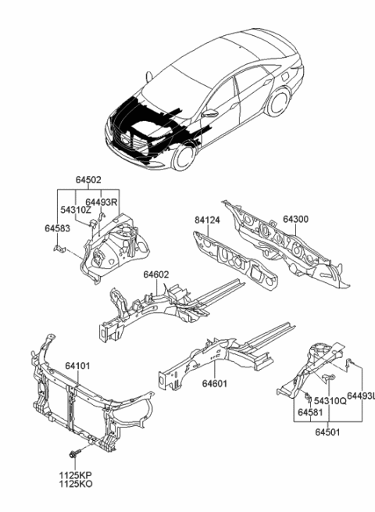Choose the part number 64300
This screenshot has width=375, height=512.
pyautogui.click(x=296, y=220)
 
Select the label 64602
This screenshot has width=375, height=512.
pyautogui.click(x=155, y=274)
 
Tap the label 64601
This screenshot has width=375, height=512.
pyautogui.click(x=215, y=384)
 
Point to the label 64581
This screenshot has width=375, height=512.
pyautogui.click(x=309, y=411)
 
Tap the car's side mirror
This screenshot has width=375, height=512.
pyautogui.click(x=209, y=114)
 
